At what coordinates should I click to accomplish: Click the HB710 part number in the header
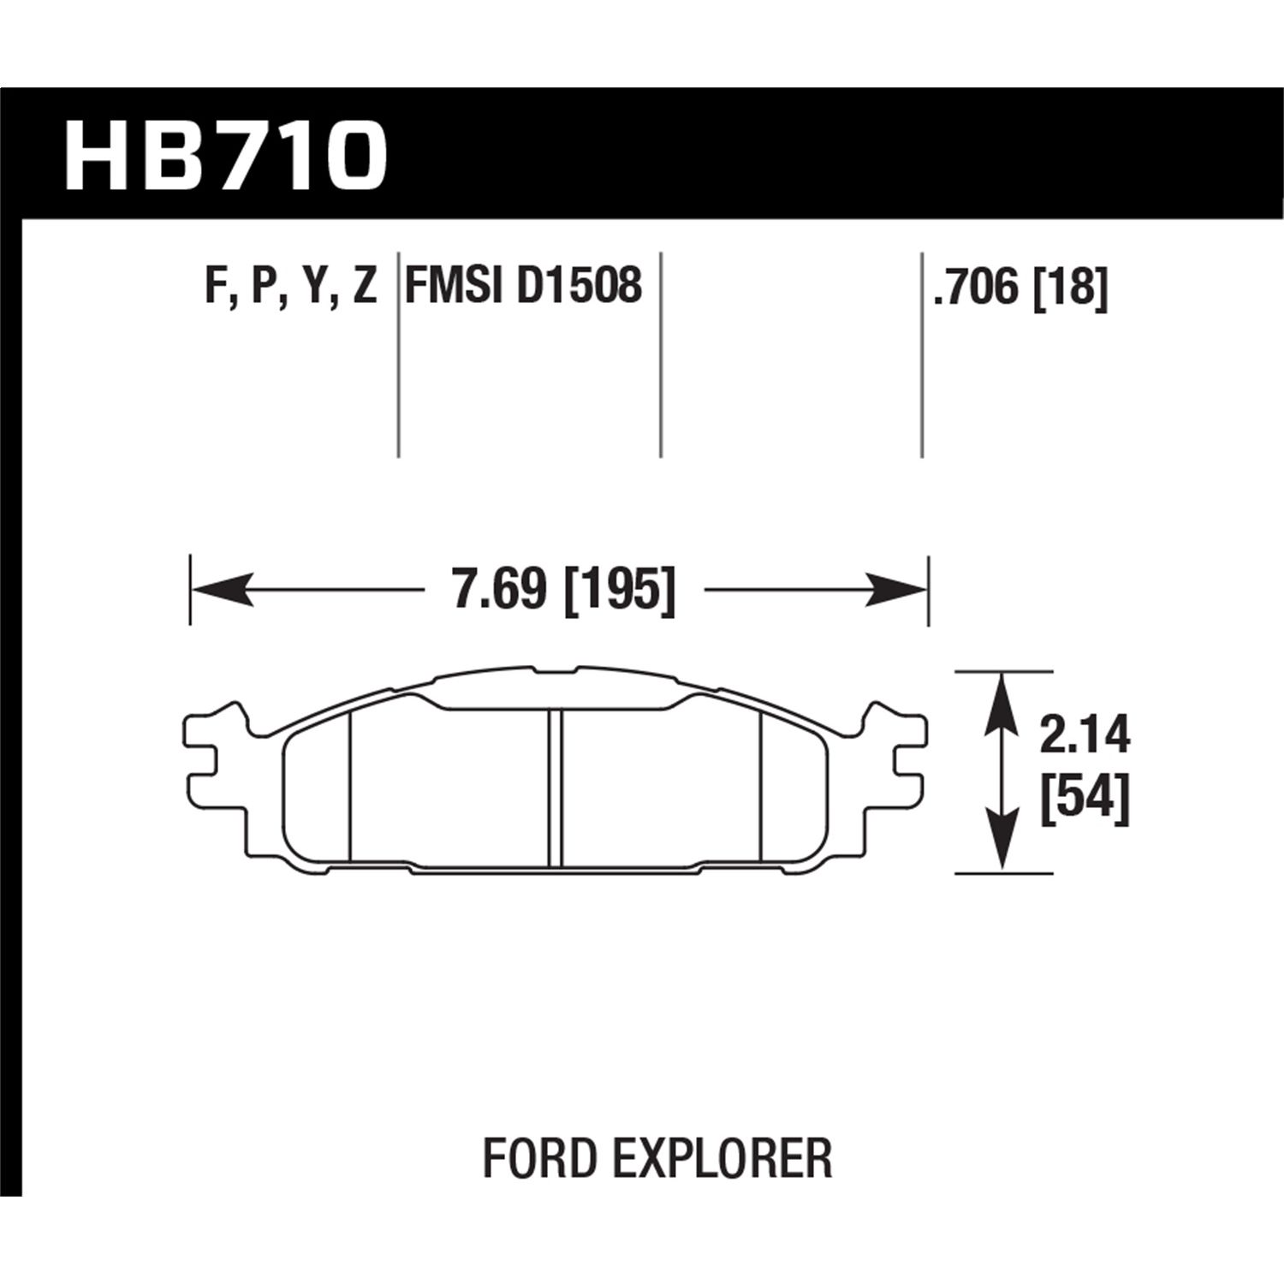pos(225,156)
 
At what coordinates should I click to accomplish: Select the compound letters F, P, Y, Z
pos(291,287)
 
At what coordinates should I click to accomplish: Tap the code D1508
pos(579,286)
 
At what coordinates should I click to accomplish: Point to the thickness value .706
pos(979,287)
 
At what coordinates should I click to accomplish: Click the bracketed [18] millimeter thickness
pos(1070,287)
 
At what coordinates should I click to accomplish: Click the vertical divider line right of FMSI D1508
pos(661,354)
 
